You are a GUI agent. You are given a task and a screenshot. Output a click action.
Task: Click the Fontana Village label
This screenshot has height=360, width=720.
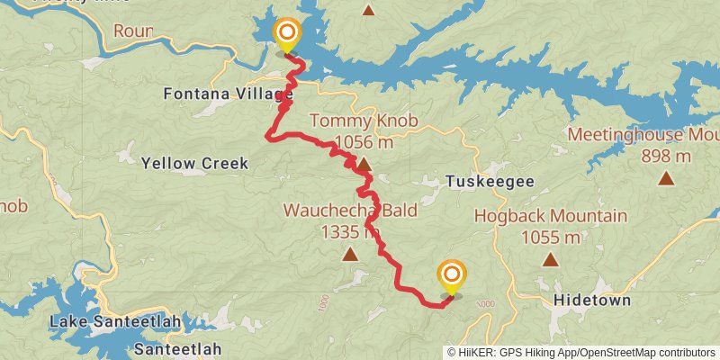coord(228,94)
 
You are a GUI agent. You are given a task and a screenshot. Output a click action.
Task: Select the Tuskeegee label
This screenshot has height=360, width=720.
coord(490,182)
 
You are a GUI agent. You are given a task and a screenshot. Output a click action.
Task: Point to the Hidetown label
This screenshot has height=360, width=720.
coord(592,300)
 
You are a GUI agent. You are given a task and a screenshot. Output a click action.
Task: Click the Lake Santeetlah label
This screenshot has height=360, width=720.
coord(115,321)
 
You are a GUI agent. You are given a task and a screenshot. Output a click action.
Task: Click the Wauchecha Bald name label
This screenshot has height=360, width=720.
coord(337,211)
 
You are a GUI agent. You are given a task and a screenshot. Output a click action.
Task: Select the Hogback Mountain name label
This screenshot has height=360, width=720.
coord(550,216)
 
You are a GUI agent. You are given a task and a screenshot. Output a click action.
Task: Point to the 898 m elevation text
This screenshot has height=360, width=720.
coord(666,157)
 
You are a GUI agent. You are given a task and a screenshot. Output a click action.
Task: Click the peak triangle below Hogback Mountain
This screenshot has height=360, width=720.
coord(549,260)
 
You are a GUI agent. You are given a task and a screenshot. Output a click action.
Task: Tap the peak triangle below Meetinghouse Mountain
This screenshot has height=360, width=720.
coord(666,178)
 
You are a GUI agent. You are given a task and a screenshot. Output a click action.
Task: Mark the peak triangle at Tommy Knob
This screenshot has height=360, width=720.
coord(364,165)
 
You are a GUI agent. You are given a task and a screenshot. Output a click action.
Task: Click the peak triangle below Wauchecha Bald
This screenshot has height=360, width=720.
coord(350,255)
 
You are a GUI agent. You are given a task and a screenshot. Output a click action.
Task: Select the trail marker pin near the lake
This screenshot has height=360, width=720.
coord(287,36)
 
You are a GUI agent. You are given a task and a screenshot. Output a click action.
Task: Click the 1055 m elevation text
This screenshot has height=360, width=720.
coord(550,238)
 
